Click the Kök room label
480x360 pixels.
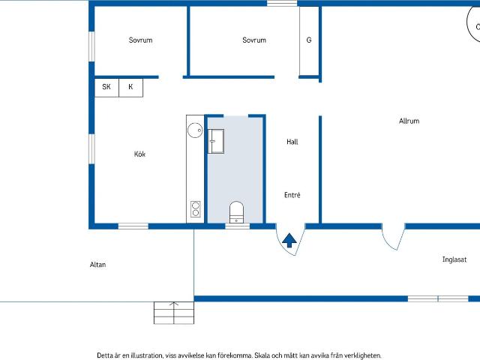(x=139, y=154)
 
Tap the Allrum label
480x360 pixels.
(x=409, y=121)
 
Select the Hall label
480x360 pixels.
(x=292, y=142)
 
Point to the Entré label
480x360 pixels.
(x=292, y=195)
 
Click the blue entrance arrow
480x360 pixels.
(x=289, y=240)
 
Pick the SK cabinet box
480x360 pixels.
(x=106, y=88)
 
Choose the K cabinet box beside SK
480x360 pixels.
(x=130, y=88)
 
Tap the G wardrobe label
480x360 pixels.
(x=309, y=40)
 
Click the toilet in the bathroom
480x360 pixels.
(x=236, y=211)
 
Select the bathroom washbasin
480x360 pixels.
(x=216, y=141)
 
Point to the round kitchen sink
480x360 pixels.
(x=195, y=130)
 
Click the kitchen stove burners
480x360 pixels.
(x=196, y=209)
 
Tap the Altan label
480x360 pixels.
(x=98, y=265)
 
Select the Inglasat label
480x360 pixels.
(x=454, y=259)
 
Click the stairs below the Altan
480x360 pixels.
(x=174, y=313)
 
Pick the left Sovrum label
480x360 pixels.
(x=140, y=40)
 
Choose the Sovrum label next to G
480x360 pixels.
(x=254, y=40)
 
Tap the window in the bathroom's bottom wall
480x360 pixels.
(x=238, y=226)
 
